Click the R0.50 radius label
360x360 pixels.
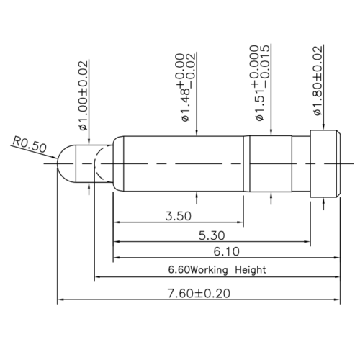[29, 144]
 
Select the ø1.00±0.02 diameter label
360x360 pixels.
[84, 96]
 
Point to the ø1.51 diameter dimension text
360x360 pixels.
[261, 83]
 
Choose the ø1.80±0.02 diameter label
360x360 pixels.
[318, 81]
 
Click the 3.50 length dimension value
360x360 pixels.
[179, 216]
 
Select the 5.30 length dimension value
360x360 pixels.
[212, 235]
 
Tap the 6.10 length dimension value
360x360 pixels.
[227, 251]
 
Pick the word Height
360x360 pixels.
[251, 270]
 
